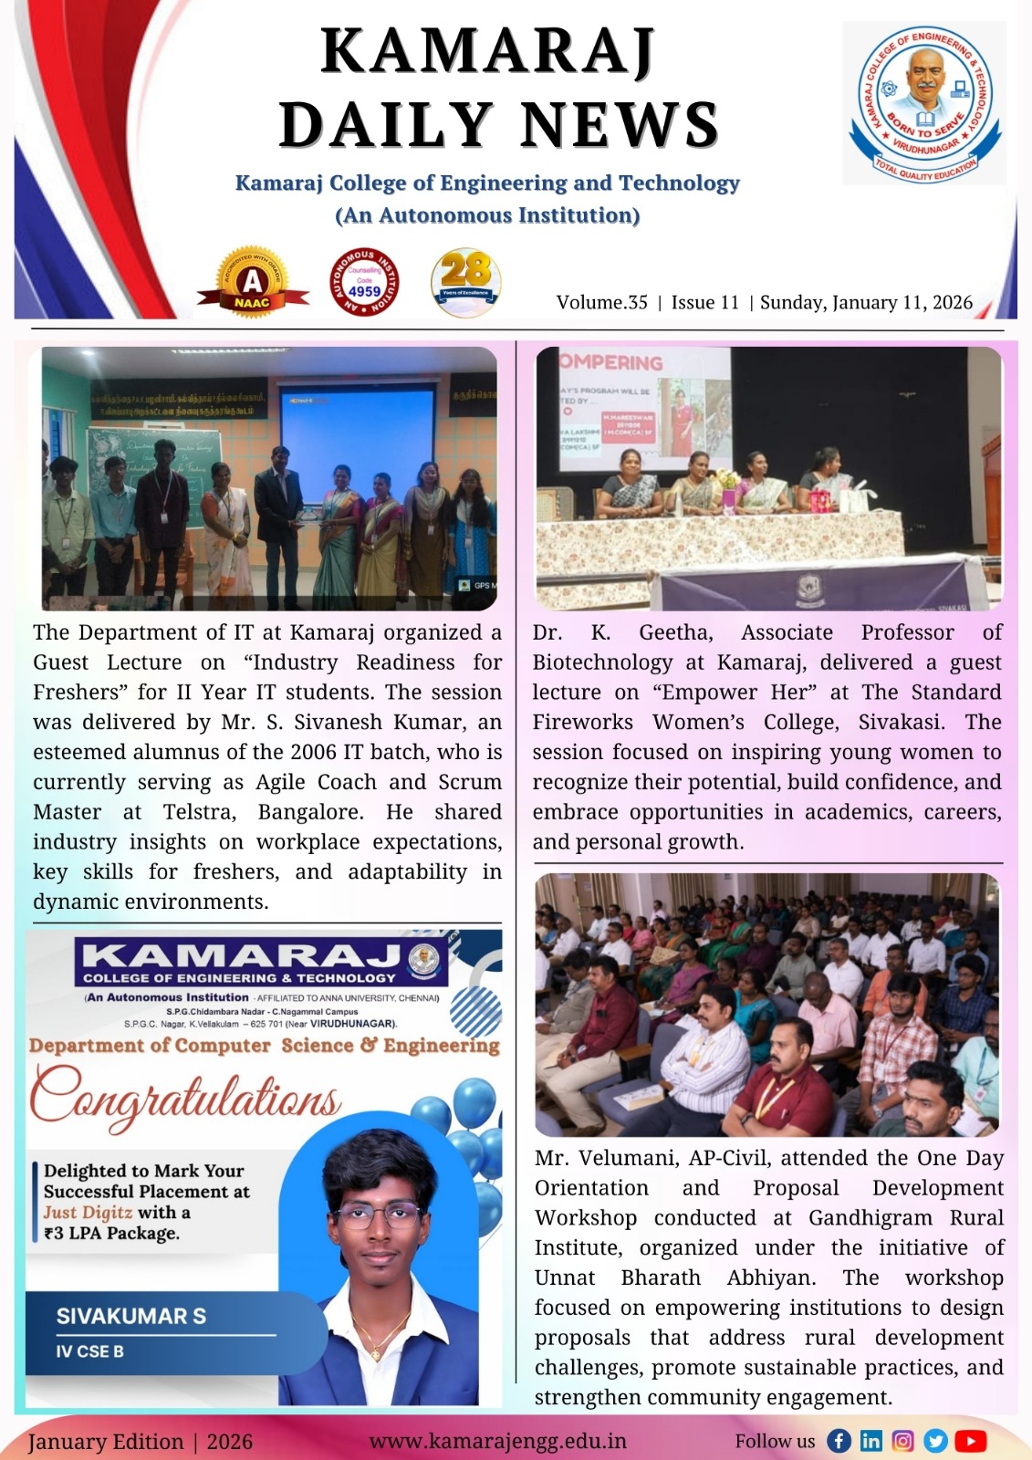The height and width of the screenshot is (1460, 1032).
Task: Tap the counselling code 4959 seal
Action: pos(364,282)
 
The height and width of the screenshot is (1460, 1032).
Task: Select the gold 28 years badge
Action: pos(465,281)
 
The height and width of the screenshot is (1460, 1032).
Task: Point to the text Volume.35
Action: pos(601,303)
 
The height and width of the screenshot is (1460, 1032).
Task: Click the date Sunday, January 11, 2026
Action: pos(866,303)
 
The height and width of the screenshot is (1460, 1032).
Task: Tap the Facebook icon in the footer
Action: pos(839,1441)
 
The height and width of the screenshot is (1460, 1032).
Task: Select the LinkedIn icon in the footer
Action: pos(871,1441)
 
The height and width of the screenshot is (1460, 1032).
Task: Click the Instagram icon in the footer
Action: pos(902,1441)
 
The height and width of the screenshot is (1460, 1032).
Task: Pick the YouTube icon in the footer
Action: pos(971,1441)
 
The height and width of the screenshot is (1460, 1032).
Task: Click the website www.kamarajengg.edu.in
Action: pos(497,1442)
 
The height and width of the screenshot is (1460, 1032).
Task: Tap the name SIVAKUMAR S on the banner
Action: pos(131,1316)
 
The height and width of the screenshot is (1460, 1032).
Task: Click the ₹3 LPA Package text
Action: pos(111,1234)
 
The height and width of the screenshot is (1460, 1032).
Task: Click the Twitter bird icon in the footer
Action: pos(935,1441)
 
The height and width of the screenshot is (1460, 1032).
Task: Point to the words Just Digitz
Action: pos(88,1213)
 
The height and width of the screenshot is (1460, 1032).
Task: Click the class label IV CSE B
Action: pos(89,1351)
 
